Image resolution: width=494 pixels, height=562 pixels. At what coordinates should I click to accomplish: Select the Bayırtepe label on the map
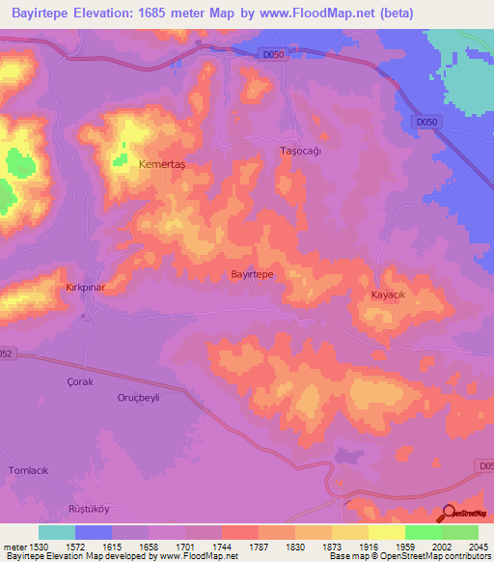coord(252,274)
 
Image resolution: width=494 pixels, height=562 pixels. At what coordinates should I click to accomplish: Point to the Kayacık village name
coord(392,294)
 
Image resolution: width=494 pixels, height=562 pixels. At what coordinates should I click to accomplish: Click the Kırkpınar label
coord(57,289)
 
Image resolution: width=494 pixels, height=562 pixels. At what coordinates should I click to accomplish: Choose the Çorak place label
coord(80,381)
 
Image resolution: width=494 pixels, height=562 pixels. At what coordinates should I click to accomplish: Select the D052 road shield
coord(7,352)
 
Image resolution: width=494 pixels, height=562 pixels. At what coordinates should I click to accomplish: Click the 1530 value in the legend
coord(39,546)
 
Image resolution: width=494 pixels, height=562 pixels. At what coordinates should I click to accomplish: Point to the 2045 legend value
coord(479,546)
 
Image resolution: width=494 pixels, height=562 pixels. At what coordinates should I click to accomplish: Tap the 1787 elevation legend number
coord(259,546)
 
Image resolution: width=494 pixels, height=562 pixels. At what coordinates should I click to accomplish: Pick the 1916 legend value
coord(369,546)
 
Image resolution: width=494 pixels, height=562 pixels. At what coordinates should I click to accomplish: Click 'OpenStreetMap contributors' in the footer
coord(434,557)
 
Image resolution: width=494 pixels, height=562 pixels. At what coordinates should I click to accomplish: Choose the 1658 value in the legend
coord(149,546)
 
